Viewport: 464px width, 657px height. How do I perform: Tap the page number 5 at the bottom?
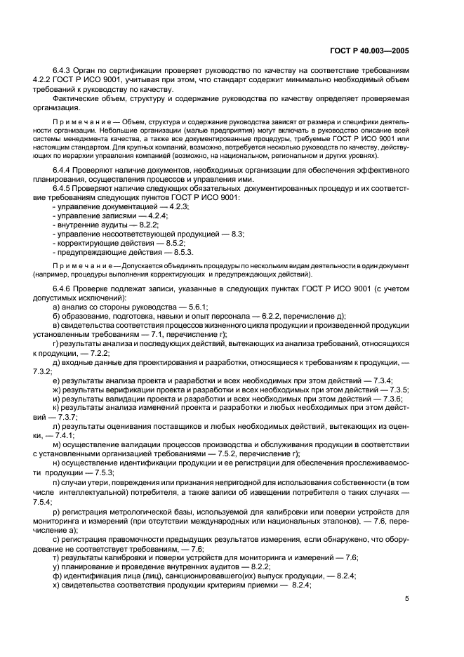(408, 599)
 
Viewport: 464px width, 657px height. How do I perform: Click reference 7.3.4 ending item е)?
(380, 380)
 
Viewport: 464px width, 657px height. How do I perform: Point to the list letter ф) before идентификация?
(57, 575)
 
